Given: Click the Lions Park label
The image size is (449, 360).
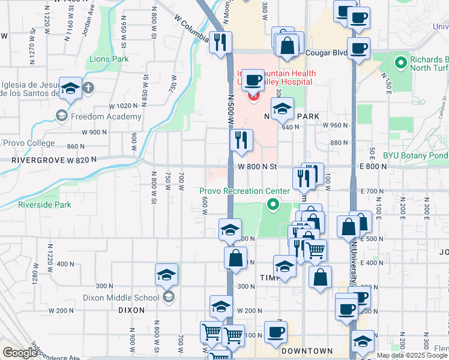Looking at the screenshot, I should click(109, 59).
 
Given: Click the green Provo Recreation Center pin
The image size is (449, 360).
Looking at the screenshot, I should click(274, 205).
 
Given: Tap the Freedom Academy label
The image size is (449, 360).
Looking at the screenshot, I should click(97, 116).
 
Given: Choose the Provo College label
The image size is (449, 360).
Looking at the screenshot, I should click(28, 143).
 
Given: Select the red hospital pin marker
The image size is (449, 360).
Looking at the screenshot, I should click(253, 95).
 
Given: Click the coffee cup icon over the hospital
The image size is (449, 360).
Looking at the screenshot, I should click(253, 80).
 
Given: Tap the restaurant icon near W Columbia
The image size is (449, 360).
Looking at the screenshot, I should click(221, 42).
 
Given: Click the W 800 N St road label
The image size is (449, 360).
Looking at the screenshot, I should click(257, 167).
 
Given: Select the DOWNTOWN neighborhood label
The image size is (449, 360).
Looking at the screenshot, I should click(307, 350).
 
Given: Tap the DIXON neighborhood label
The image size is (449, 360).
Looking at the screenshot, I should click(131, 310).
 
